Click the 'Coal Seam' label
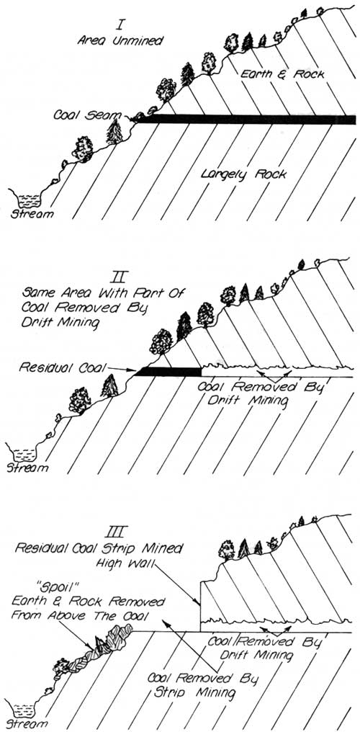click(86, 115)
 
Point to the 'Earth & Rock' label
click(282, 73)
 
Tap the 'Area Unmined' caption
click(120, 40)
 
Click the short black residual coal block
click(168, 372)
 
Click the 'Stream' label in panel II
click(27, 468)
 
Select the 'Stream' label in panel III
click(22, 725)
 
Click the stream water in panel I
click(28, 200)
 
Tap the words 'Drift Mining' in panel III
click(258, 656)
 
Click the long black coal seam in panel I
click(245, 120)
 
